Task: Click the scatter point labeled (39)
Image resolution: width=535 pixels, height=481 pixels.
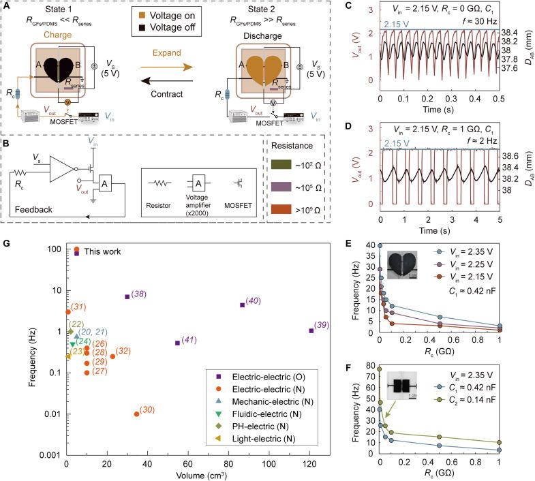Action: pyautogui.click(x=311, y=330)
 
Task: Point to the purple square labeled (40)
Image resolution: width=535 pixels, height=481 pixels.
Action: pyautogui.click(x=242, y=305)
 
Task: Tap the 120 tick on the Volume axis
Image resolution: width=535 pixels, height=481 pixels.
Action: pyautogui.click(x=309, y=465)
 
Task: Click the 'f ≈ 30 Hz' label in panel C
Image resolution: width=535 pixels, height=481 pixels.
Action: pyautogui.click(x=476, y=19)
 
